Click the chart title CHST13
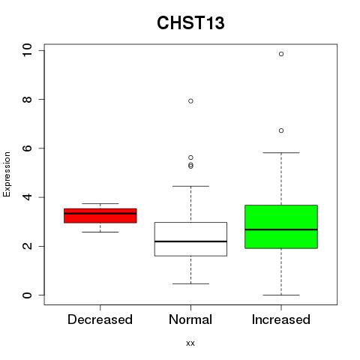(x=190, y=22)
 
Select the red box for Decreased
(x=100, y=215)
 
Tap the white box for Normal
(x=190, y=239)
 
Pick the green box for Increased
(x=281, y=226)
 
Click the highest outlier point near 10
(x=281, y=54)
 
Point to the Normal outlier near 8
(x=190, y=101)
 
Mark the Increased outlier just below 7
(x=281, y=130)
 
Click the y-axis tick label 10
(x=27, y=50)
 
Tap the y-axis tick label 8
(x=27, y=100)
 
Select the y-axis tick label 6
(x=27, y=148)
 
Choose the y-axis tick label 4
(x=27, y=197)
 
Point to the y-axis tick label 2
(x=27, y=246)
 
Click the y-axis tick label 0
(x=27, y=295)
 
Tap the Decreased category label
(x=100, y=319)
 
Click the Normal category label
(x=190, y=319)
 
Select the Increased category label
(x=281, y=319)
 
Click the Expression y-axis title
(x=7, y=174)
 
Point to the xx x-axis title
(x=190, y=343)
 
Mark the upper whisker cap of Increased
(x=281, y=152)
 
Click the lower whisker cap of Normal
(x=190, y=283)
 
